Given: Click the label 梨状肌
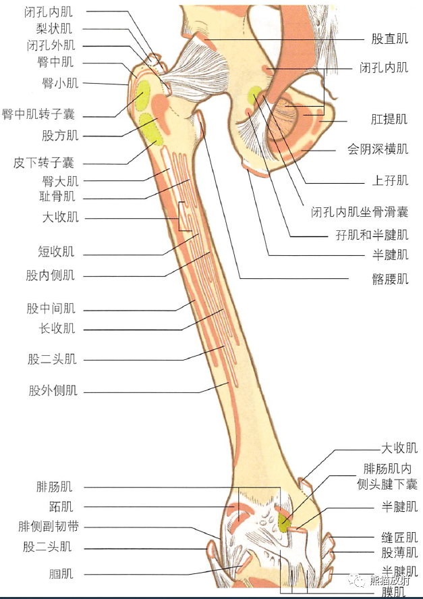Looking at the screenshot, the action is click(x=53, y=29).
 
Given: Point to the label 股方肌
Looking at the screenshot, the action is click(x=60, y=135).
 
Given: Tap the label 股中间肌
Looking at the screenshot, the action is click(x=51, y=309).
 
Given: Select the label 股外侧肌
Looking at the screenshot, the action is click(x=53, y=390).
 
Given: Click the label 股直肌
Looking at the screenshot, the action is click(x=390, y=39).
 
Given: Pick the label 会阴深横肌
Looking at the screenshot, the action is click(x=378, y=149).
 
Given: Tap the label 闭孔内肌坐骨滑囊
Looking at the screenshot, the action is click(x=360, y=212).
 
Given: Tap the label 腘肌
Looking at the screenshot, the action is click(x=61, y=574).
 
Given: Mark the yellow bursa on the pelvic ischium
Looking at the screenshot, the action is click(x=254, y=96).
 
